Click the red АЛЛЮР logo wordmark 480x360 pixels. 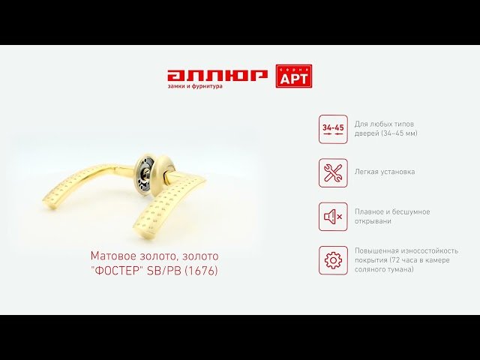tap(217, 76)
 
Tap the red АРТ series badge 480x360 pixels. tap(294, 76)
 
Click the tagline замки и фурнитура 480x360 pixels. tap(195, 86)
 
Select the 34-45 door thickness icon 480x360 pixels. tap(333, 129)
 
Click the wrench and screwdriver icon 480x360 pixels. tap(333, 173)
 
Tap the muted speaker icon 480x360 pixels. tap(333, 217)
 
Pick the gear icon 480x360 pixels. tap(333, 260)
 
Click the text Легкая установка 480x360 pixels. tap(385, 172)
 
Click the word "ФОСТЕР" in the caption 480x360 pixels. tap(117, 271)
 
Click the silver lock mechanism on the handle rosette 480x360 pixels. tap(143, 173)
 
